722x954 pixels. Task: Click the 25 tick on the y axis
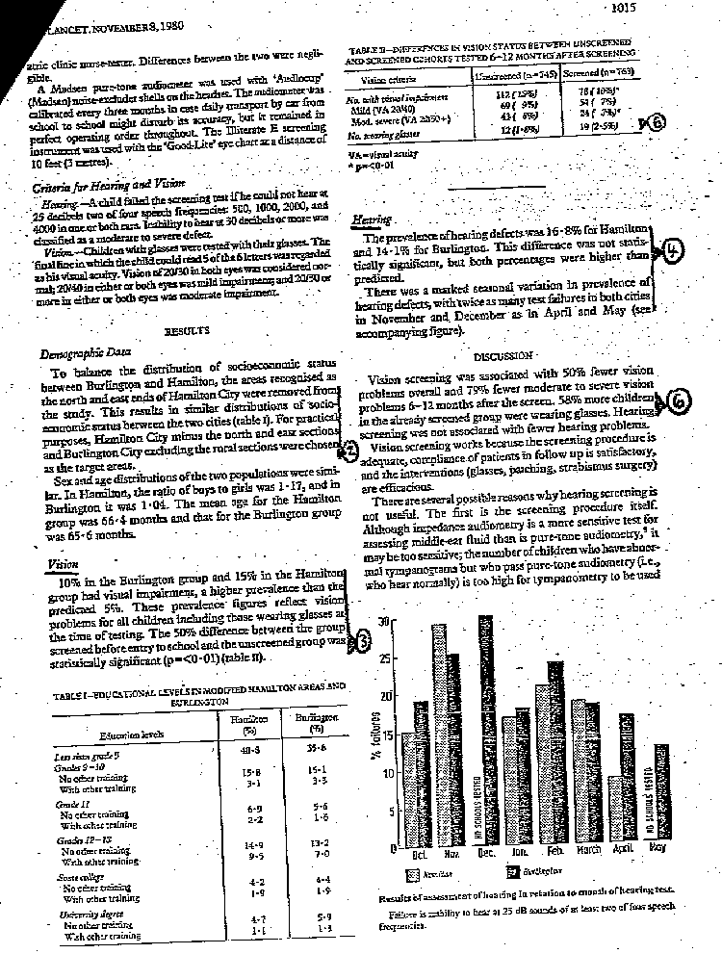point(385,658)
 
